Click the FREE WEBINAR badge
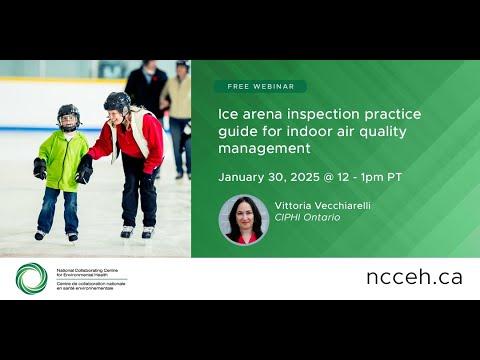[260, 87]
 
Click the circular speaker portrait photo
[244, 219]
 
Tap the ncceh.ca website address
[413, 277]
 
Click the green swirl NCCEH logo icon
[31, 278]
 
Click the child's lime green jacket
[61, 159]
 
